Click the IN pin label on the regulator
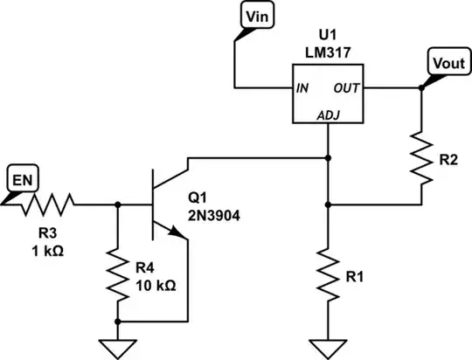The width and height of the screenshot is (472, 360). tap(303, 87)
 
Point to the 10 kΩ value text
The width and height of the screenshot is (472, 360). tap(158, 286)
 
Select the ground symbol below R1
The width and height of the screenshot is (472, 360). tap(328, 348)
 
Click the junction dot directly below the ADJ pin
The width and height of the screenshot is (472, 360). tap(328, 158)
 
